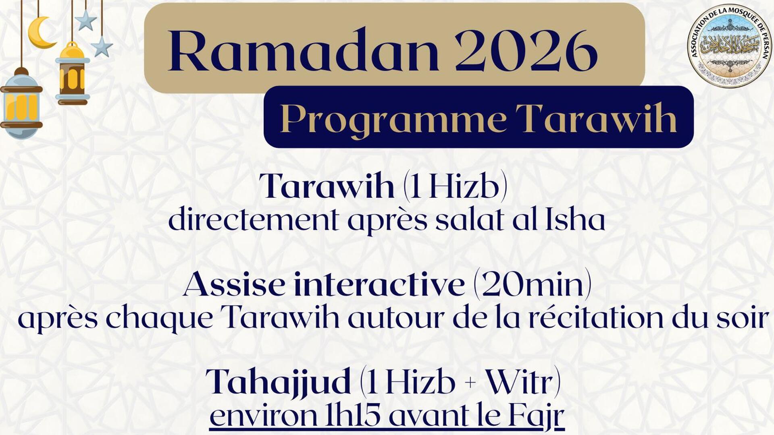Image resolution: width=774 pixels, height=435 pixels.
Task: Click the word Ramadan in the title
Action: tap(303, 51)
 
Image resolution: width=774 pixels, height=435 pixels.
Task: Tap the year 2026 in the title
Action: tap(526, 51)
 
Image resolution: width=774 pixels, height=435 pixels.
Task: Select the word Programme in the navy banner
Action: tap(393, 118)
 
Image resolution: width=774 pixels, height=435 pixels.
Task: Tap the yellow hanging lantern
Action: tap(73, 75)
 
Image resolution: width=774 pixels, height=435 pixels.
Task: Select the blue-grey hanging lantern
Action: tap(21, 104)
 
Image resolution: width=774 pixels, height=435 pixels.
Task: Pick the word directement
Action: tap(253, 221)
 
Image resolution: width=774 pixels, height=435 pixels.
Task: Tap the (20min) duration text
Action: tap(532, 284)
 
